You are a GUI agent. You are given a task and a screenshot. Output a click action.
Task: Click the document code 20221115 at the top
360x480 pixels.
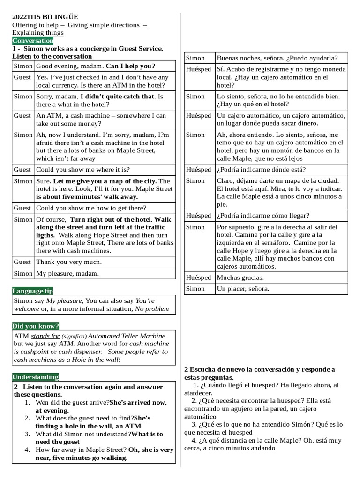(29, 17)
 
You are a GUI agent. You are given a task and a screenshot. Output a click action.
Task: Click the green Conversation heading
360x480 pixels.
(33, 41)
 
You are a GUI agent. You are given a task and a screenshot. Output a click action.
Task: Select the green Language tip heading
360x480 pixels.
(32, 291)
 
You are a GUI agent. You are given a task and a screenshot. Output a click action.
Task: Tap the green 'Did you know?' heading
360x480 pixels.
(36, 326)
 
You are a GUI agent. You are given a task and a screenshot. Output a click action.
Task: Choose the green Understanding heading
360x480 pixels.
(36, 377)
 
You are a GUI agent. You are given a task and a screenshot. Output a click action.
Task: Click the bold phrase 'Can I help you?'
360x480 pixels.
(130, 66)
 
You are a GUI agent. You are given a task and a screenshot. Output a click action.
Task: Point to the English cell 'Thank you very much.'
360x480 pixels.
(68, 262)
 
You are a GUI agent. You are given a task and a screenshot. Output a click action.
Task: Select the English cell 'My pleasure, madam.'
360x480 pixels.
(67, 273)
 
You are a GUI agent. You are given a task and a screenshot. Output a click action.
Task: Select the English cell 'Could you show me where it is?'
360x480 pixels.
(83, 170)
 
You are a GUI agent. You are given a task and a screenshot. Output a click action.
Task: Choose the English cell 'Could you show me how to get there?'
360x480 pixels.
(91, 208)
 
